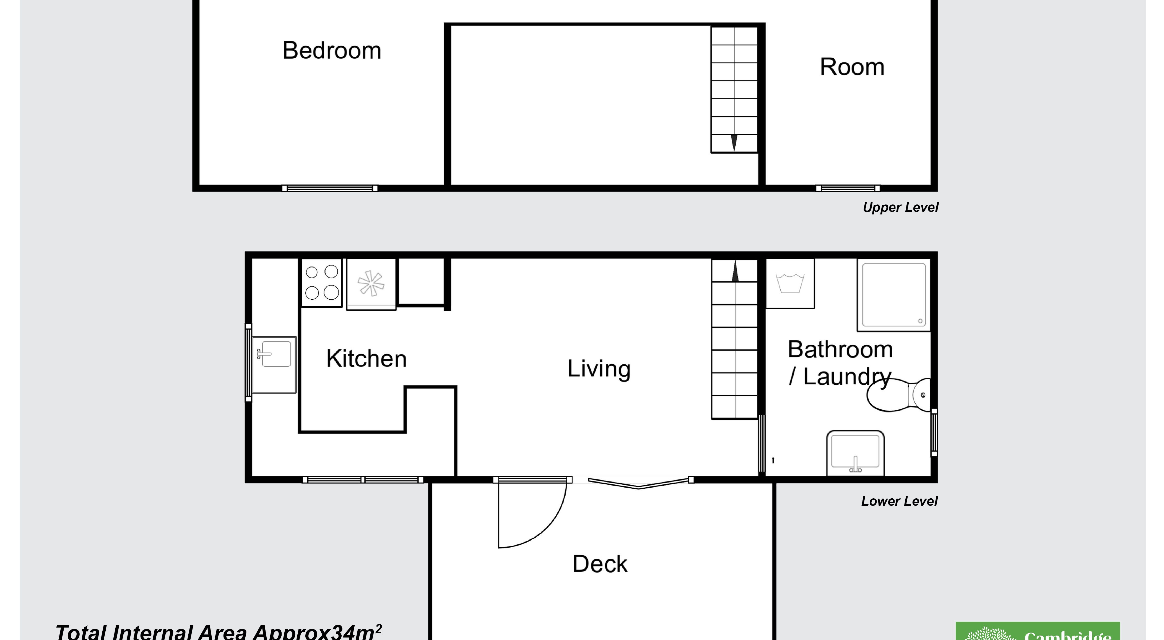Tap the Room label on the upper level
pos(852,67)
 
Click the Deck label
pos(600,564)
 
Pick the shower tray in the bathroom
pos(893,295)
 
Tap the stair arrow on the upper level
pos(734,142)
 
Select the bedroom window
pos(330,188)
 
